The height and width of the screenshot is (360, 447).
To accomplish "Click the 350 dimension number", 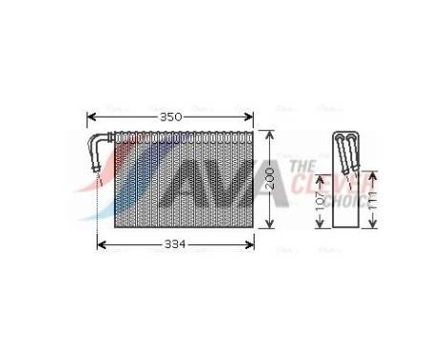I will coord(169,117).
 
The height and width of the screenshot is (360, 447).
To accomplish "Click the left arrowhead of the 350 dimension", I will coord(90,117).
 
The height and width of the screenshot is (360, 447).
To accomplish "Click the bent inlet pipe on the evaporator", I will coord(100,153).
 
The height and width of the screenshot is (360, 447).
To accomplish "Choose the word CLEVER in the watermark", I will coord(340,182).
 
